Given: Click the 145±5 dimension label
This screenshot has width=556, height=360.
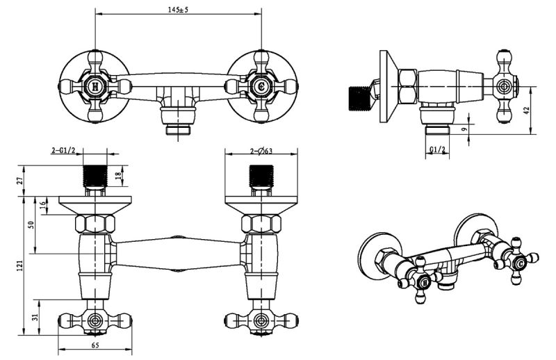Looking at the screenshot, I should pyautogui.click(x=179, y=9).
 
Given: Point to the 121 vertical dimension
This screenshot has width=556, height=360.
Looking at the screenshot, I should pyautogui.click(x=20, y=265).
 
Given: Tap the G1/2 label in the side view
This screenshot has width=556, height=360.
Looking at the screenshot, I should pyautogui.click(x=437, y=150).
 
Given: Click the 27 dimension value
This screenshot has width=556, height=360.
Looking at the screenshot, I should pyautogui.click(x=20, y=181).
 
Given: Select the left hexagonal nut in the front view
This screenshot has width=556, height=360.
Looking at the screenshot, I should pyautogui.click(x=95, y=224).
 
